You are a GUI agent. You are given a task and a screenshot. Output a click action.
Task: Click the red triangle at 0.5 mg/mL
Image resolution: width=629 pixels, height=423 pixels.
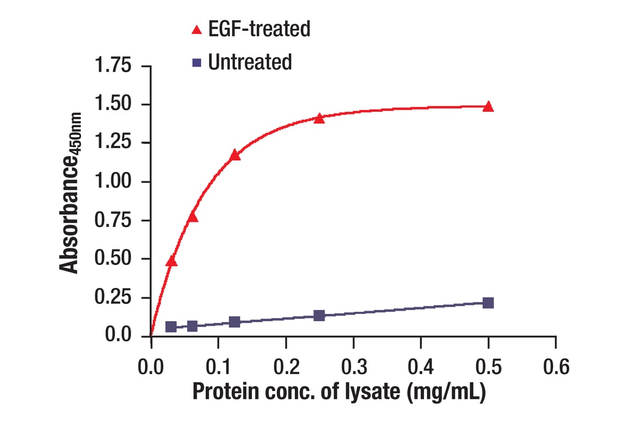pos(488,106)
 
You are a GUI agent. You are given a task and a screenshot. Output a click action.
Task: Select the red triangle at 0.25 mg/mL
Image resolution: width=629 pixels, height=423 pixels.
pos(319,118)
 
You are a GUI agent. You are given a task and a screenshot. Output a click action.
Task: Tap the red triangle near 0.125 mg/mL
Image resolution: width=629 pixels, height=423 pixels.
pos(235,155)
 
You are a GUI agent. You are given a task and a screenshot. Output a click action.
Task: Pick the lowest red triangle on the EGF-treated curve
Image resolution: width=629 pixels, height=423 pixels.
pos(171,261)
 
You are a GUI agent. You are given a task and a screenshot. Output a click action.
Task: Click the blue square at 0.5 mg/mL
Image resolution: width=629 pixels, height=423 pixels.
pos(488,303)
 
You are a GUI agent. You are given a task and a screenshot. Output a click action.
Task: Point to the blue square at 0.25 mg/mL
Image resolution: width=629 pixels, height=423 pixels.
pos(319,316)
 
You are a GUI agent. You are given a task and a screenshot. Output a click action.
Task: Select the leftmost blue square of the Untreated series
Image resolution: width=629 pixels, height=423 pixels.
pos(171,327)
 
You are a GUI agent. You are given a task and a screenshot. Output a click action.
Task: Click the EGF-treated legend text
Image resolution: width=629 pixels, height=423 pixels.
pos(259,29)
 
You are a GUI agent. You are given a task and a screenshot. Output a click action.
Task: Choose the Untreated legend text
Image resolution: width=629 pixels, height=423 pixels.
pos(250,62)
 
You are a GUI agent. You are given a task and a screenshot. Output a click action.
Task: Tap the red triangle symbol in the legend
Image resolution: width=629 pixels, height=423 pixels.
pos(197,30)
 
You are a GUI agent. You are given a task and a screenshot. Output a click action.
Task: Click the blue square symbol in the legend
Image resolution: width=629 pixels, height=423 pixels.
pos(197,63)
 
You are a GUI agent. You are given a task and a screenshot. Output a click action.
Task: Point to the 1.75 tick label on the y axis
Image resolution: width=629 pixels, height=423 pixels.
pos(114,66)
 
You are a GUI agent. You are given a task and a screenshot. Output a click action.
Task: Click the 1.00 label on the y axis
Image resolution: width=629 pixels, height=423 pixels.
pos(114,182)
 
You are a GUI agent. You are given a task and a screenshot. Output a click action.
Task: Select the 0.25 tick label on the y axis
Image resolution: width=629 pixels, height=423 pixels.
pos(114,297)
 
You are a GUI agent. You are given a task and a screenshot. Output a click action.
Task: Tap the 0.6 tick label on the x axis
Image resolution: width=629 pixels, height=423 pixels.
pos(555,366)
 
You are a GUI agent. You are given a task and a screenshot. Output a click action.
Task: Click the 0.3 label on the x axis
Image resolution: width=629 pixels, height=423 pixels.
pos(353,366)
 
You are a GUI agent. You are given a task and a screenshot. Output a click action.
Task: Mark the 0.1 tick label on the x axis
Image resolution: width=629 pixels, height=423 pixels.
pos(218,366)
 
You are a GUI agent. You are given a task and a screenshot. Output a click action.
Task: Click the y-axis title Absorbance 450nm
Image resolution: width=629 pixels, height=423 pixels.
pos(70,193)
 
